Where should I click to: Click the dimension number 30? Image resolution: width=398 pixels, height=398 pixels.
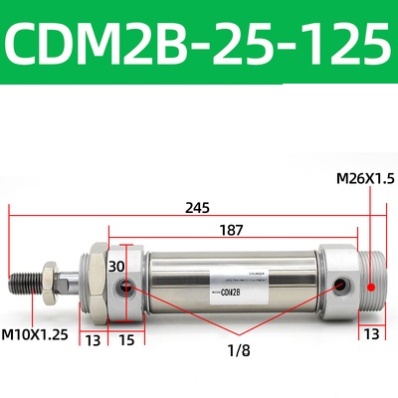(x=117, y=266)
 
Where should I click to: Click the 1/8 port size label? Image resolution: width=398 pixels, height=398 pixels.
(x=236, y=349)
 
